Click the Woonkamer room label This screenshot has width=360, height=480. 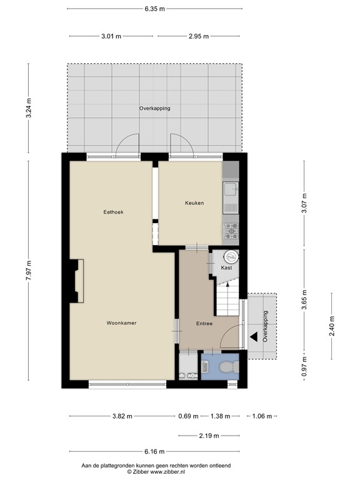(x=121, y=323)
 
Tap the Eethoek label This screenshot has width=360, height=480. (x=113, y=212)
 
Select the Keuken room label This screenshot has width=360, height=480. (x=194, y=203)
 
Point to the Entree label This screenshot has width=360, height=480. (x=204, y=324)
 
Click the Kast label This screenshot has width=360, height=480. (x=226, y=267)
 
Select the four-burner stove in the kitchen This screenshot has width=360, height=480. (x=231, y=231)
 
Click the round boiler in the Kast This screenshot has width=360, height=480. (x=231, y=255)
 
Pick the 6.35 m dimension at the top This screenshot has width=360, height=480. (x=154, y=9)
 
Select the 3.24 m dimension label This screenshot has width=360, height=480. (x=28, y=110)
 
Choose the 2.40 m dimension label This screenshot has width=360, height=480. (x=331, y=326)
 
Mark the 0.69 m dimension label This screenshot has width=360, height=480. (x=187, y=416)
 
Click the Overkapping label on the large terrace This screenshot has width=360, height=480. (x=154, y=108)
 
